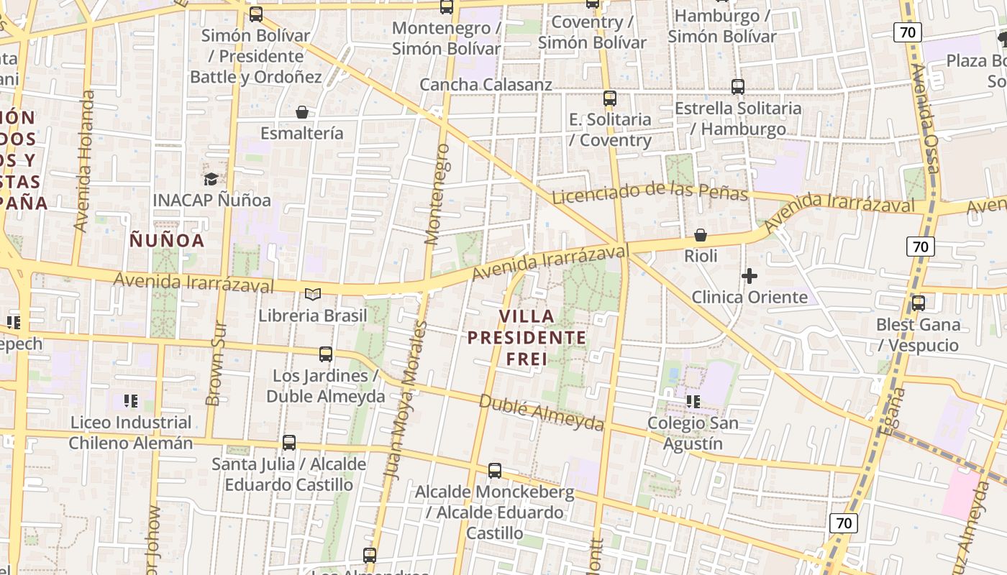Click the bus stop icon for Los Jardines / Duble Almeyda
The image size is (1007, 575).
[x=326, y=354]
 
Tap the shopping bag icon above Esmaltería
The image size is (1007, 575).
[x=302, y=112]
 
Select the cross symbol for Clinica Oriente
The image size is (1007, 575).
[x=749, y=276]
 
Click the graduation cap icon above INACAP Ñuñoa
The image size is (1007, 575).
[x=211, y=179]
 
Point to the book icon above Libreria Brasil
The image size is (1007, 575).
[x=312, y=294]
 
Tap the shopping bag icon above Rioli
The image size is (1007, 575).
[x=701, y=235]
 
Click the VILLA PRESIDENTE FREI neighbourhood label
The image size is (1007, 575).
[x=527, y=337]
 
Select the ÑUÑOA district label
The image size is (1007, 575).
[x=167, y=240]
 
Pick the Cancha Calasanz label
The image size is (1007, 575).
[x=486, y=84]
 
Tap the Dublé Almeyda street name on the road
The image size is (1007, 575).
[x=541, y=413]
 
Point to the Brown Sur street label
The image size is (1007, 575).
[x=217, y=363]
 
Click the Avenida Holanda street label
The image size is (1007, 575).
[x=84, y=161]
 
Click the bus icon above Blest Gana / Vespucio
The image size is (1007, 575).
[x=919, y=303]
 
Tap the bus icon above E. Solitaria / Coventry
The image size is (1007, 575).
[x=610, y=98]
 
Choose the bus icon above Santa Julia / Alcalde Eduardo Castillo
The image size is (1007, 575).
[x=289, y=443]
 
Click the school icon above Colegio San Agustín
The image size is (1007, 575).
[x=693, y=401]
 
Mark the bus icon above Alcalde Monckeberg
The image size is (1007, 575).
[x=495, y=471]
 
